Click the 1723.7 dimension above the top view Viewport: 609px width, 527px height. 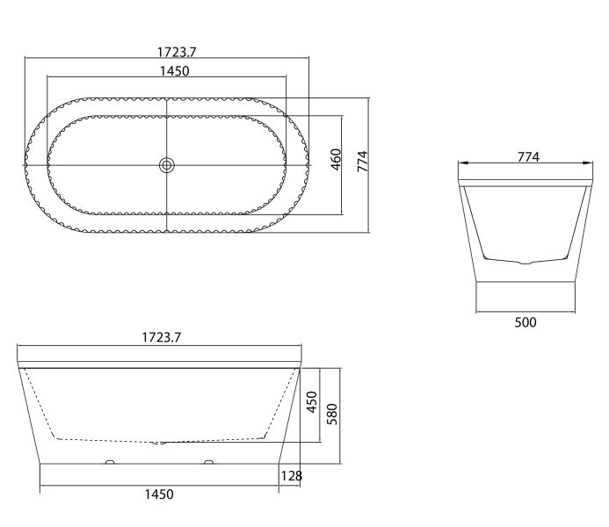tap(177, 52)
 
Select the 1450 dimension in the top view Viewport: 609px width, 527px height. tap(174, 71)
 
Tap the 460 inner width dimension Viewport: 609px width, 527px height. tap(336, 159)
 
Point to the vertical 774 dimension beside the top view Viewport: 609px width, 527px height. tap(362, 162)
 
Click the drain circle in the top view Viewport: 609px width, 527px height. tap(167, 165)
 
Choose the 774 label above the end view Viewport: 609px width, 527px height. tap(528, 156)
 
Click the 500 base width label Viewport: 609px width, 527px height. tap(526, 322)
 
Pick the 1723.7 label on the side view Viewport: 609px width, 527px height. tap(161, 337)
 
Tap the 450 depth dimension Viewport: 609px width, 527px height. tap(312, 401)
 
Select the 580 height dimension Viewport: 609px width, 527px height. tap(332, 414)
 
